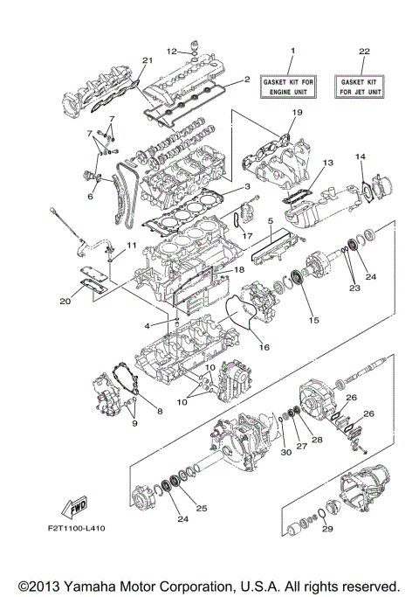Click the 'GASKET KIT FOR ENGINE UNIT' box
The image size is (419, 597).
click(x=293, y=86)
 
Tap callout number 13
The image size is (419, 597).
click(x=328, y=163)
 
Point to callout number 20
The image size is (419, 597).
click(x=65, y=302)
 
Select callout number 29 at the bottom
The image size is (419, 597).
click(x=325, y=528)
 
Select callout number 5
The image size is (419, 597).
click(x=271, y=221)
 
